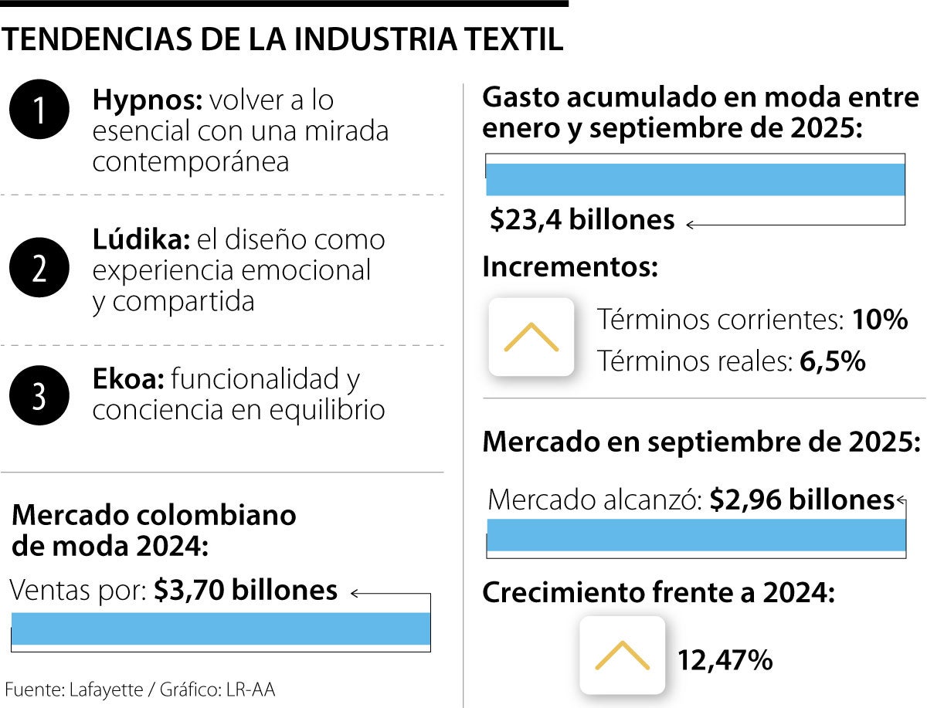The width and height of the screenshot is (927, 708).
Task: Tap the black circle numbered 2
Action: coord(39,268)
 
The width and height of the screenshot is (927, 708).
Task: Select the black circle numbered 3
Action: coord(39,395)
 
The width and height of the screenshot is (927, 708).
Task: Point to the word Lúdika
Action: coord(141,239)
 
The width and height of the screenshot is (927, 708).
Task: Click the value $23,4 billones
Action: coord(582,221)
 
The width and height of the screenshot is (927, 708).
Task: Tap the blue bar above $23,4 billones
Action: coord(695,180)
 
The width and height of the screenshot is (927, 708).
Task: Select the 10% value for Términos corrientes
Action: coord(879,320)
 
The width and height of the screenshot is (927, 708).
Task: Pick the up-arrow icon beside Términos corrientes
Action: coord(531,337)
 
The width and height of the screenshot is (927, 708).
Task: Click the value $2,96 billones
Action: coord(802,500)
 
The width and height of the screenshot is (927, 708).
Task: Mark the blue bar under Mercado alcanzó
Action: coord(695,536)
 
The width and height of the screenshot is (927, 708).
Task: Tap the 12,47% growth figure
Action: coord(725,660)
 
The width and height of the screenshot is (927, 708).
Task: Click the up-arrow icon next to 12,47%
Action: coord(622,655)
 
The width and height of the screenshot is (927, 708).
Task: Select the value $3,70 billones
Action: coord(246,591)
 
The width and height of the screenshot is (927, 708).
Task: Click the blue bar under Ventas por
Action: coord(221,628)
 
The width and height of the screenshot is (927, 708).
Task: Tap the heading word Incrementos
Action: coord(570,268)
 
